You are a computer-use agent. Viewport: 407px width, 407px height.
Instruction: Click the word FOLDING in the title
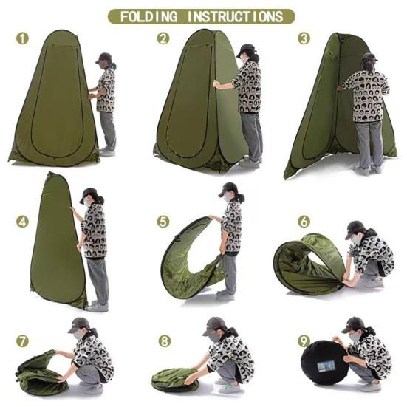[x=149, y=16]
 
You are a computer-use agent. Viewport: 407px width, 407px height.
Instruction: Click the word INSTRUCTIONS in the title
[x=235, y=16]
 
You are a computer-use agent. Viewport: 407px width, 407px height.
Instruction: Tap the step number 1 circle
[x=23, y=38]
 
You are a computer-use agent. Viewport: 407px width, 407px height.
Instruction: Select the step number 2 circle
[x=163, y=38]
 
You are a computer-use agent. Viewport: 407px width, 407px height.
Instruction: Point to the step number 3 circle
[x=304, y=38]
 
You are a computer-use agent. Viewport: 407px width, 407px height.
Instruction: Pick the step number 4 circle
[x=23, y=222]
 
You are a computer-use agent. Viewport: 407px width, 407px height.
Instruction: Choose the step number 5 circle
[x=163, y=222]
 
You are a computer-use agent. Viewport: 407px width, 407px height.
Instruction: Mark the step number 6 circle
[x=304, y=222]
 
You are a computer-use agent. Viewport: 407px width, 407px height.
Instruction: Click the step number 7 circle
[x=23, y=341]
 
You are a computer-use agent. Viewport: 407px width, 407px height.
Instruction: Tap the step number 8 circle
[x=164, y=341]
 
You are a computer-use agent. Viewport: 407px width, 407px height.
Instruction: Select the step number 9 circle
[x=304, y=341]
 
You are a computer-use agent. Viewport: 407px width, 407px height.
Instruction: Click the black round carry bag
[x=324, y=363]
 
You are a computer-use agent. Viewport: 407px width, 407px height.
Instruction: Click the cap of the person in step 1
[x=104, y=58]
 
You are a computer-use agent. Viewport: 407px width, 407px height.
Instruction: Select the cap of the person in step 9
[x=352, y=324]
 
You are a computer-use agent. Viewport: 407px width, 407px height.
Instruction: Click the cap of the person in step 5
[x=228, y=189]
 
